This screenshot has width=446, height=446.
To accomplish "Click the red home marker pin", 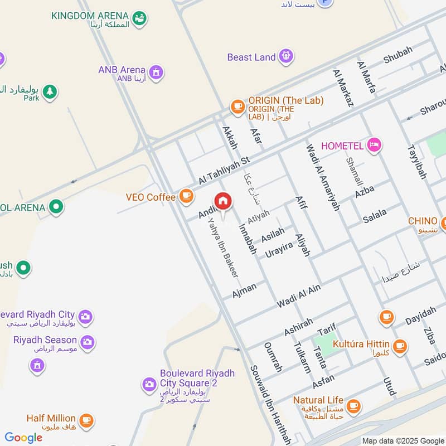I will pyautogui.click(x=223, y=201).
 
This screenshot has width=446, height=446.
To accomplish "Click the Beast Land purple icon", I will pyautogui.click(x=287, y=56).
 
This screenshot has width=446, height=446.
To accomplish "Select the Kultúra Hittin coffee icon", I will pyautogui.click(x=399, y=346).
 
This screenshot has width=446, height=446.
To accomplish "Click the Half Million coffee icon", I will pyautogui.click(x=86, y=420).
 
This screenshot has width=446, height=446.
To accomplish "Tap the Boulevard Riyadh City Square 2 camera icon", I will pyautogui.click(x=149, y=384).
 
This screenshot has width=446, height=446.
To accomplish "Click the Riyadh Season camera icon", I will pyautogui.click(x=87, y=341).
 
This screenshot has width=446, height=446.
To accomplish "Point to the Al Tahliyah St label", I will pyautogui.click(x=230, y=169).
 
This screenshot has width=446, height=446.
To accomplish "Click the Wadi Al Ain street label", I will pyautogui.click(x=299, y=296).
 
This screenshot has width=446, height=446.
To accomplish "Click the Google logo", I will pyautogui.click(x=23, y=438).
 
